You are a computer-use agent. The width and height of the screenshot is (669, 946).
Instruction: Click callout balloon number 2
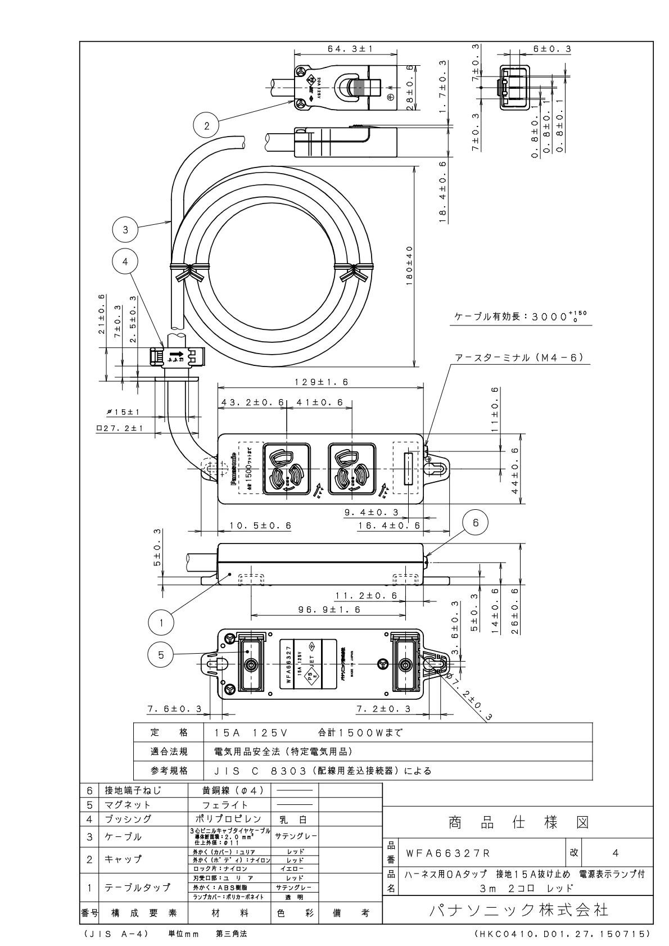[x=207, y=126]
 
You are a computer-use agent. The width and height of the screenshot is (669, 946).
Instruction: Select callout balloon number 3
[x=125, y=229]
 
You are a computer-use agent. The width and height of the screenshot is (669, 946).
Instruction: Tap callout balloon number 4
[x=125, y=261]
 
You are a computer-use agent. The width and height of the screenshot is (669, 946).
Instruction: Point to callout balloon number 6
[x=476, y=523]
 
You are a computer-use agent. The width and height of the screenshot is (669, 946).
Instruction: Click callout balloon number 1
[x=161, y=623]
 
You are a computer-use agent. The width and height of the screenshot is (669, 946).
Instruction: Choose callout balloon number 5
[x=161, y=654]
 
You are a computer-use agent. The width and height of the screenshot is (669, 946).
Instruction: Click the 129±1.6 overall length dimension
[x=321, y=382]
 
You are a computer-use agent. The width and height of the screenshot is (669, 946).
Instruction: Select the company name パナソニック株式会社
[x=517, y=909]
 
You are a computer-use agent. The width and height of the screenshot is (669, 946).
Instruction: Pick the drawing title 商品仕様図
[x=518, y=823]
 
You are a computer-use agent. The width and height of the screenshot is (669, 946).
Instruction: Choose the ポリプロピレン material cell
[x=229, y=819]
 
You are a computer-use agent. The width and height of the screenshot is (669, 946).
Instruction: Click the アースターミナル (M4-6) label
[x=520, y=357]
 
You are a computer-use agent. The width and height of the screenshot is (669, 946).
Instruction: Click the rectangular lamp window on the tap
[x=408, y=469]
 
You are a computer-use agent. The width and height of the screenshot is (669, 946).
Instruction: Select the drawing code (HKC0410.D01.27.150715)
[x=563, y=934]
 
